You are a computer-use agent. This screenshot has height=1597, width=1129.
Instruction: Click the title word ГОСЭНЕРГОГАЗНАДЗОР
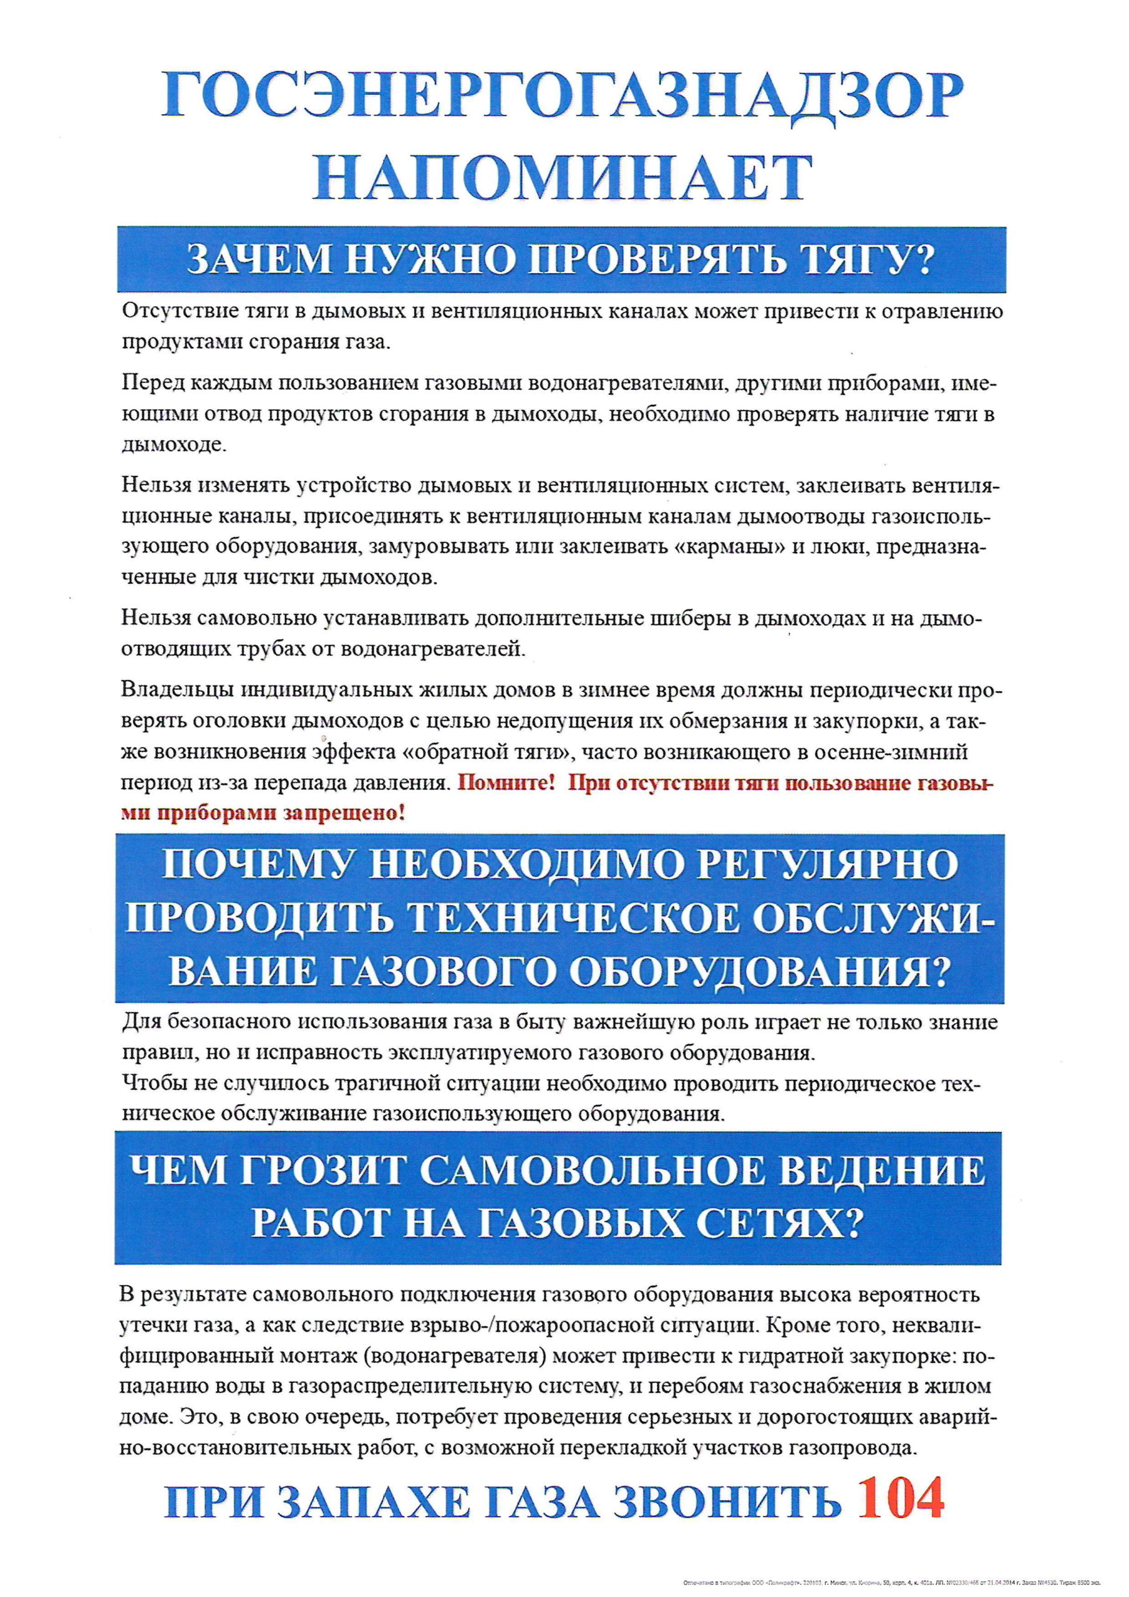(563, 95)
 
